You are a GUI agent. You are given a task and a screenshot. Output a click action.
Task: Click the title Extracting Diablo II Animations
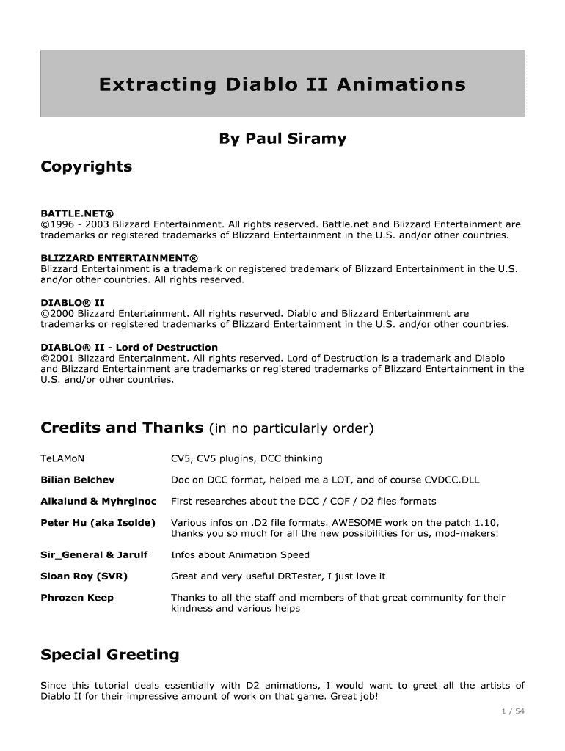pos(282,85)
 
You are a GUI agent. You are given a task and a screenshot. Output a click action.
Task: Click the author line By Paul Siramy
pos(282,139)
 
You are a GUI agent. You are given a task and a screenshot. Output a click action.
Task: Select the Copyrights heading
pos(86,166)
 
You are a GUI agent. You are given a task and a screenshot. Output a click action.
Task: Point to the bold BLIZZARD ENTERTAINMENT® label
pos(120,257)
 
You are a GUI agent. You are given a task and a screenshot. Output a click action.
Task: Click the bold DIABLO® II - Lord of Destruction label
pos(129,347)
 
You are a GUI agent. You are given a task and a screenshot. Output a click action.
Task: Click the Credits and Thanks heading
pos(122,428)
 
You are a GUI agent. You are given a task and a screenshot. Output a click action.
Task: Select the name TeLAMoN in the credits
pos(62,459)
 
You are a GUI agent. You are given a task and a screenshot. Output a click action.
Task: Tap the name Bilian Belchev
pos(77,480)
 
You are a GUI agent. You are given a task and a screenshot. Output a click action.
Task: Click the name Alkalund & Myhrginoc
pos(98,501)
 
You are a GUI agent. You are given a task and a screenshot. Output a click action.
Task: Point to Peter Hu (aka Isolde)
pos(98,522)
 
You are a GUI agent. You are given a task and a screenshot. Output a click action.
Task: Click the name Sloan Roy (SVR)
pos(84,576)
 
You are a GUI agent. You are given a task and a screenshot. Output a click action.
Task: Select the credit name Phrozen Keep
pos(77,598)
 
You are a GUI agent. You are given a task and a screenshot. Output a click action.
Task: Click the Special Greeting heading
pos(110,654)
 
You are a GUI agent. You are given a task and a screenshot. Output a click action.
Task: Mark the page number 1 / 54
pos(512,711)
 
